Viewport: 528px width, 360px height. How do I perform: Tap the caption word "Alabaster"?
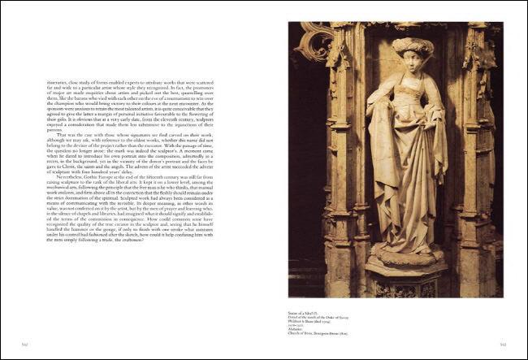tap(297, 328)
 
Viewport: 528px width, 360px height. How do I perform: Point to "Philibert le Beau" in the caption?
tap(303, 320)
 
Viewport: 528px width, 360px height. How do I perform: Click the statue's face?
tap(405, 65)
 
